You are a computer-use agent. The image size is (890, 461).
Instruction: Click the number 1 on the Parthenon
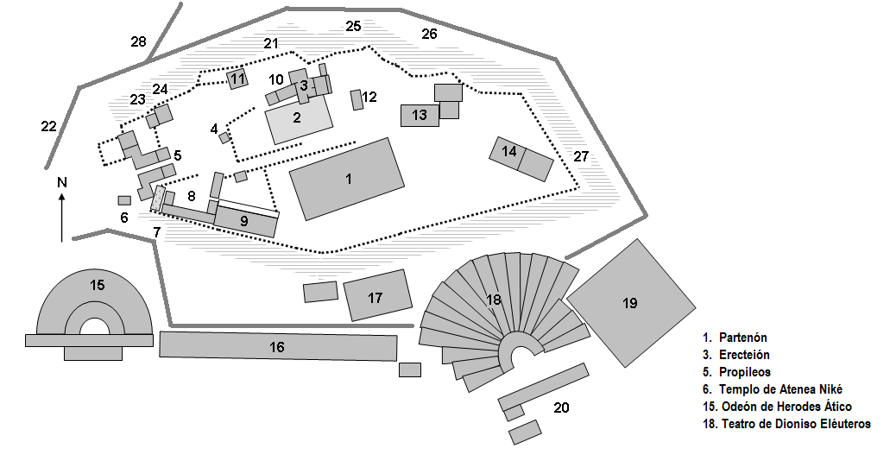click(349, 179)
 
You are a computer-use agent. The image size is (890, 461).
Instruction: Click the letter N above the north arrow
click(61, 182)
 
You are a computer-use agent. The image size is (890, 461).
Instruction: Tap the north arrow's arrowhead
click(61, 198)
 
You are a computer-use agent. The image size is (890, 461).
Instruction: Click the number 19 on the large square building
click(629, 303)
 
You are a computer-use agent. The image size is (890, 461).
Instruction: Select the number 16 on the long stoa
click(276, 347)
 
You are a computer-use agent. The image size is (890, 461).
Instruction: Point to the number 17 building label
click(376, 298)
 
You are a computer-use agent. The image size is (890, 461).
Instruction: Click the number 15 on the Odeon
click(98, 284)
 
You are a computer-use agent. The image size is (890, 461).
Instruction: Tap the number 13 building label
click(420, 115)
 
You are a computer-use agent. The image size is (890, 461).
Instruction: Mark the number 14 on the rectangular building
click(509, 152)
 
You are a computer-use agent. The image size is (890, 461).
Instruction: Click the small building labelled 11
click(237, 79)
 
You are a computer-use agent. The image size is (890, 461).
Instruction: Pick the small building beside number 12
click(357, 99)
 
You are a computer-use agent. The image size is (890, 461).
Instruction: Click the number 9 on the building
click(244, 221)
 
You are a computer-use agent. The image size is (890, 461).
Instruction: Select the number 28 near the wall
click(139, 41)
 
